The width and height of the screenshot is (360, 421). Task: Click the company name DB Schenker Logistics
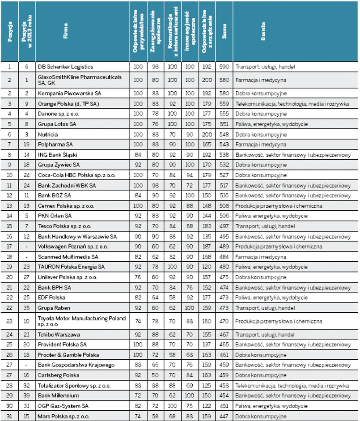tap(64, 67)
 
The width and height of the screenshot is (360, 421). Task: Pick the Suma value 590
tap(224, 67)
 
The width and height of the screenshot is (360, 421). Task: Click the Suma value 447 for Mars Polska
tap(224, 416)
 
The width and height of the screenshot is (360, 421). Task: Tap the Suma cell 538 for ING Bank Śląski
tap(224, 155)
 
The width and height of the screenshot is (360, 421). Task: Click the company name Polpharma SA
tap(55, 145)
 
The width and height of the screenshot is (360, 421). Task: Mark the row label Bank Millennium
tap(58, 395)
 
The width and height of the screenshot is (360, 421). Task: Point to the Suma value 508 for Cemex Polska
tap(224, 206)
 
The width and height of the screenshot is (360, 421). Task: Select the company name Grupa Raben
tap(53, 308)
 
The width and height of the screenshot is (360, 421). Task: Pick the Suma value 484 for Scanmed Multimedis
tap(224, 257)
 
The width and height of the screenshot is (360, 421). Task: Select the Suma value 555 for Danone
tap(224, 114)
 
